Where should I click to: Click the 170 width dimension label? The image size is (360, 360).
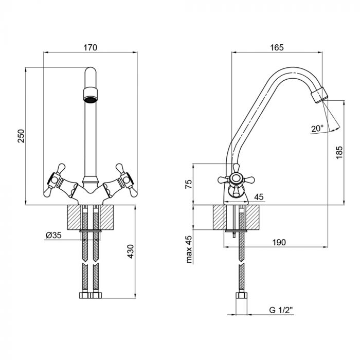90,47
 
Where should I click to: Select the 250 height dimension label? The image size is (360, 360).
21,136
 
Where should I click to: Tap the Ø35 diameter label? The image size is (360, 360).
53,235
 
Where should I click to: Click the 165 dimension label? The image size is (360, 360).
276,47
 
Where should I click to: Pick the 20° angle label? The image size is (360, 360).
317,129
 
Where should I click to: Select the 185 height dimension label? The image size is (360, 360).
338,152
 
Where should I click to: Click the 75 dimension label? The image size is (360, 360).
189,184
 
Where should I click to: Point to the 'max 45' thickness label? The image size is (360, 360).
189,249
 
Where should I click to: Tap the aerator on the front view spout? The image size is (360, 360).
90,94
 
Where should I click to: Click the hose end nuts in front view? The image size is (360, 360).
90,297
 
